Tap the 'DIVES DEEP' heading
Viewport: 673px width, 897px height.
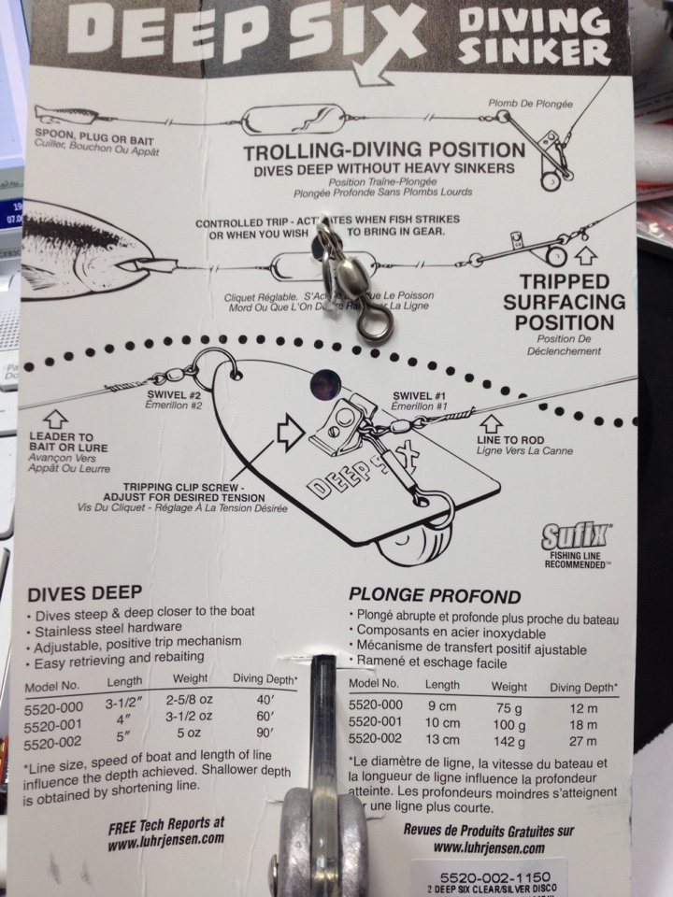coord(85,591)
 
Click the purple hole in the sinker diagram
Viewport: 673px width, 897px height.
coord(324,382)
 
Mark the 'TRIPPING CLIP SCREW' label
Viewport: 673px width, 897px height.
coord(188,491)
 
